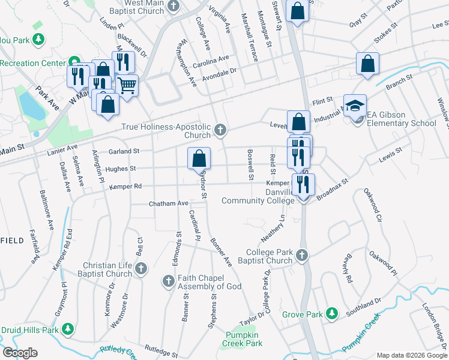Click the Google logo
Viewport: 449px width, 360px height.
[20, 353]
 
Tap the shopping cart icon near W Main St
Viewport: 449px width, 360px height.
[127, 86]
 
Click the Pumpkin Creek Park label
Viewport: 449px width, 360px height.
[244, 340]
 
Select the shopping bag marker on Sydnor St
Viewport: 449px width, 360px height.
[199, 159]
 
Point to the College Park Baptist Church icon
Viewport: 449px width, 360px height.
[301, 256]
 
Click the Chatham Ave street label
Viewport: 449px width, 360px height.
[169, 203]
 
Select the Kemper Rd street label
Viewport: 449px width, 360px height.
[125, 187]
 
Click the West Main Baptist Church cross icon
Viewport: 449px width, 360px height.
[174, 7]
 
